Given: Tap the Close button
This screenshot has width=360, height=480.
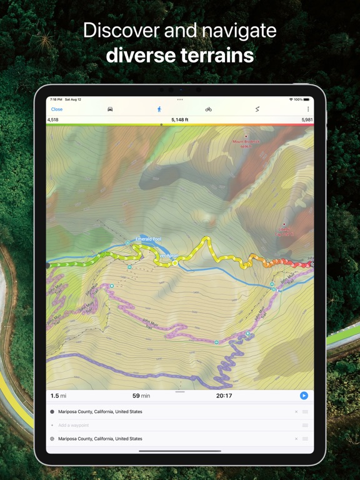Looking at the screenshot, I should pos(57,109).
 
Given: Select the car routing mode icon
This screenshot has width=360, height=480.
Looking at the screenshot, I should pos(110,109).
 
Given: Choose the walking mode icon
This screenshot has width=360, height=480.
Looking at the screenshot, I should pos(159,109).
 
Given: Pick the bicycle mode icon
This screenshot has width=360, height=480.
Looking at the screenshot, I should pos(208,109).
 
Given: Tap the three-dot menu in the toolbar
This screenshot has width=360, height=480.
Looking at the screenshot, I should pos(307,109).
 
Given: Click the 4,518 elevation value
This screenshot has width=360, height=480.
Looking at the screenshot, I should pos(53,119).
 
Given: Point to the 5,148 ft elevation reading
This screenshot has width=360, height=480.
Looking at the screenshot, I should pos(180,119).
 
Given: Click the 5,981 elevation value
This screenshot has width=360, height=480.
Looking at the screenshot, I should pos(307,119).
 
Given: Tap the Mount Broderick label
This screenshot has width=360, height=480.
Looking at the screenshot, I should pos(245,142).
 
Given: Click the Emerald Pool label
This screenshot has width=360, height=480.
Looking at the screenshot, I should pos(149,239).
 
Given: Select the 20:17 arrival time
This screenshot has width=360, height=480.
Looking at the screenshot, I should pos(224,396).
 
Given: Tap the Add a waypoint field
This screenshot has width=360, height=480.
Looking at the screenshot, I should pos(74,425).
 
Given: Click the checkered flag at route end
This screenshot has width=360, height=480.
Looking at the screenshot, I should pos(311,265).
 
